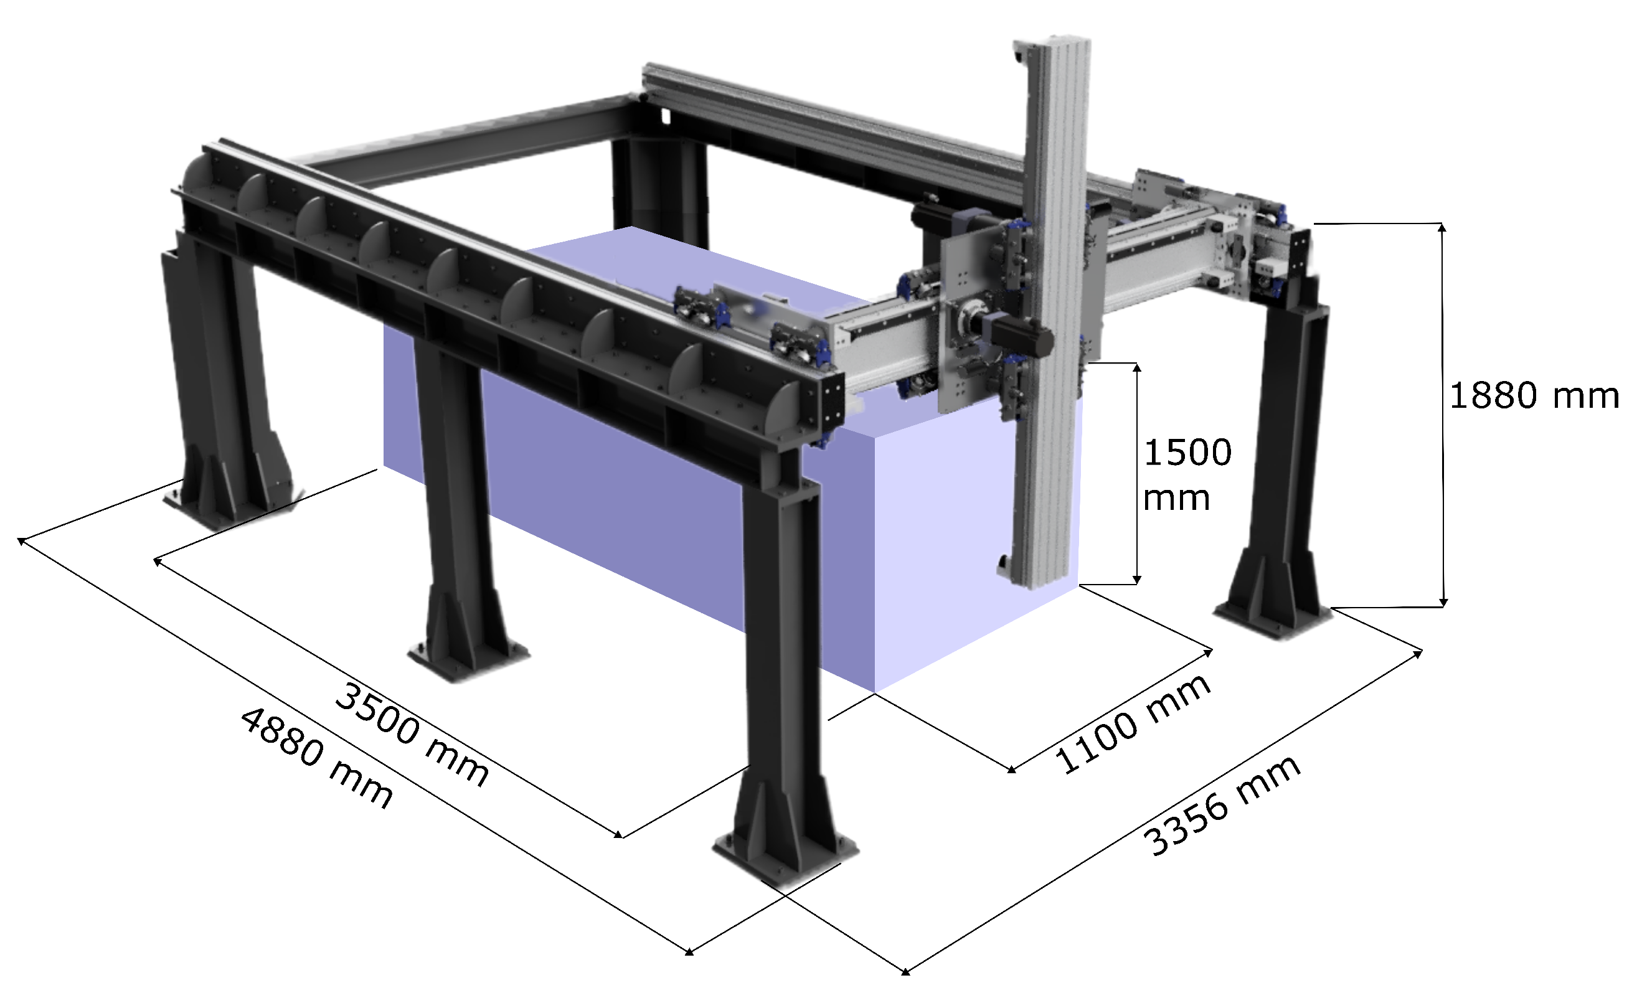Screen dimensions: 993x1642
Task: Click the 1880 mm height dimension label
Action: point(1532,396)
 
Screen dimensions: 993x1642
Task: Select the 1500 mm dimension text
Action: point(1186,474)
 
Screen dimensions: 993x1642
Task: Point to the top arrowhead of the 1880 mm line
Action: point(1442,227)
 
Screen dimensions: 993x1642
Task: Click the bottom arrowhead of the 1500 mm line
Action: point(1137,580)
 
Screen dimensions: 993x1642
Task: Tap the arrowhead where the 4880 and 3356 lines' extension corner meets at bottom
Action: point(905,972)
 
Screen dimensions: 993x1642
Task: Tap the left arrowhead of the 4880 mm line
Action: point(21,540)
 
